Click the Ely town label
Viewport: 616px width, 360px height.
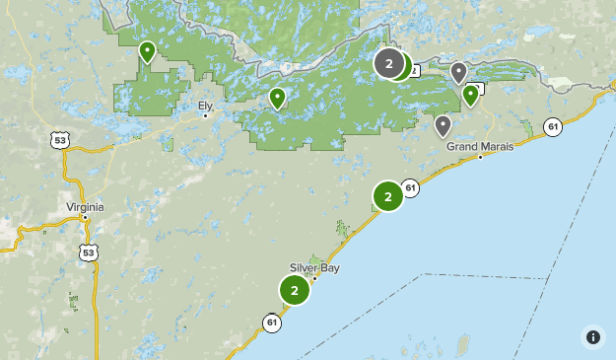(x=205, y=105)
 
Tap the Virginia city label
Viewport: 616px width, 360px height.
(x=85, y=206)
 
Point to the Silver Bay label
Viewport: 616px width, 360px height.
(x=314, y=267)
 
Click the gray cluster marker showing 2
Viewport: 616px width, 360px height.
(x=389, y=64)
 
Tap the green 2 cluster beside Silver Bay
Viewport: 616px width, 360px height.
(x=295, y=290)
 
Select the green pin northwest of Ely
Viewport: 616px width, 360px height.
(x=147, y=50)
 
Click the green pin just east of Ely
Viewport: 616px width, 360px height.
(x=277, y=97)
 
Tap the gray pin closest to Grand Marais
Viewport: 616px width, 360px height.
(x=444, y=124)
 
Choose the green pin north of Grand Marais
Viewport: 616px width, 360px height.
(x=471, y=94)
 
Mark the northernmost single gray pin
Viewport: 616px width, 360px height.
(x=458, y=71)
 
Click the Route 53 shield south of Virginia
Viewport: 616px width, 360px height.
(x=90, y=253)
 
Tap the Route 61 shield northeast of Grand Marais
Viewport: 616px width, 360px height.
(x=553, y=126)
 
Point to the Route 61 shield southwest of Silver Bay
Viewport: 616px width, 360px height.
(x=272, y=322)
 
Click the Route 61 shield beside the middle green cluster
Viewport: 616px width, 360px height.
(x=411, y=187)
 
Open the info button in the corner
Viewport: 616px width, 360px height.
(x=592, y=336)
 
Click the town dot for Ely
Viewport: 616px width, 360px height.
(x=205, y=115)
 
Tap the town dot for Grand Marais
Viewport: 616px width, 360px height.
(x=480, y=157)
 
